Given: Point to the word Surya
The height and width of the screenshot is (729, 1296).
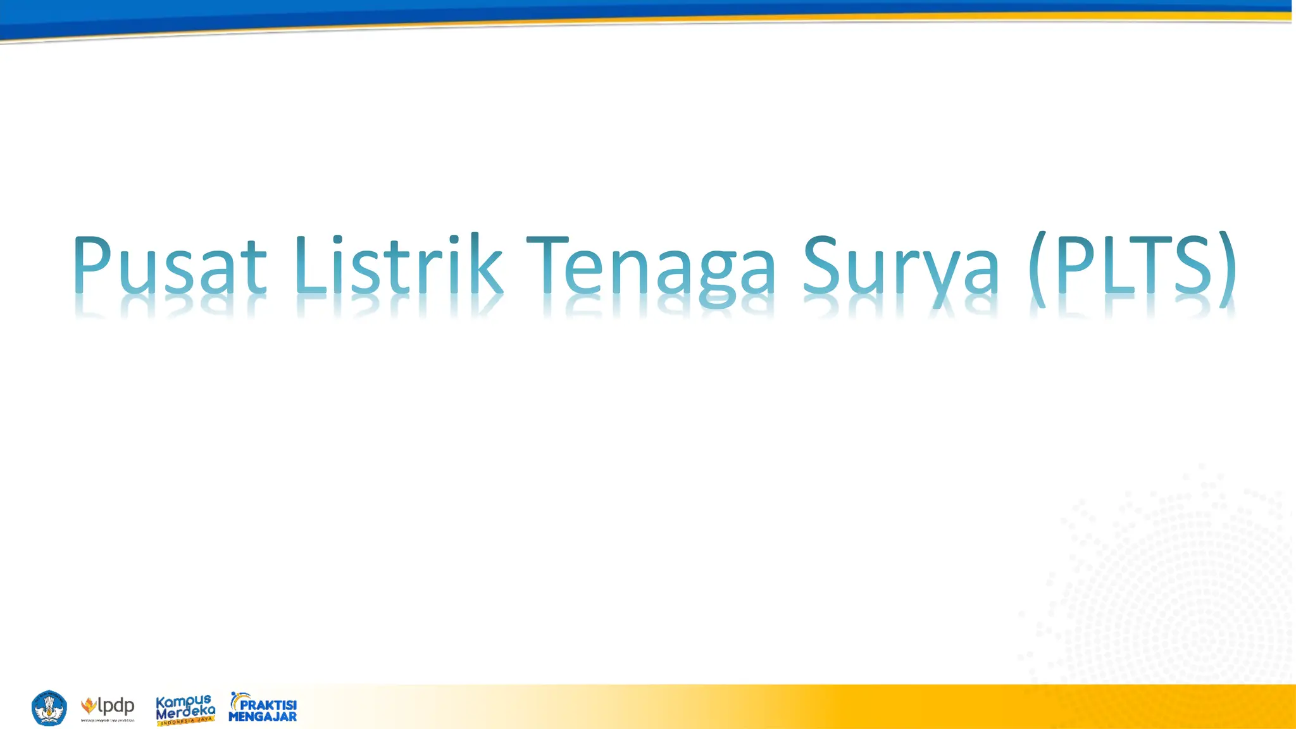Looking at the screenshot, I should pos(901,266).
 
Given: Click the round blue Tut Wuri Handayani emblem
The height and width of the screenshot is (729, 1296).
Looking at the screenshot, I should pos(49,708).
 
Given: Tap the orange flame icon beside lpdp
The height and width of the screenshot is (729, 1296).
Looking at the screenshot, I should pos(89,705).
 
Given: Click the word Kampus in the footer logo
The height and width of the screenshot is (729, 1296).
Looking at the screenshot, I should pos(183,702).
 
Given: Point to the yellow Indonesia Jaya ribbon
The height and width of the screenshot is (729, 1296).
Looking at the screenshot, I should pos(185,720).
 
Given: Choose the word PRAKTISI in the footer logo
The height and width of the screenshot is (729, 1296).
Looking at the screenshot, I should pos(268,705).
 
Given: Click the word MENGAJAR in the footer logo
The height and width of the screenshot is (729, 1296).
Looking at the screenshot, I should pos(263,717).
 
